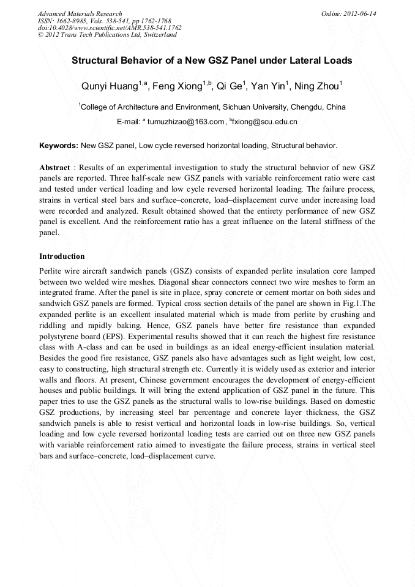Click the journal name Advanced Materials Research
[80, 13]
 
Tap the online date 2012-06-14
[359, 13]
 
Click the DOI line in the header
[110, 28]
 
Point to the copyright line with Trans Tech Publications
[107, 35]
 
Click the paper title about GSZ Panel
[212, 61]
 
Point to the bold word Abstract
[54, 167]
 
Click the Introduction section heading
[62, 256]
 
